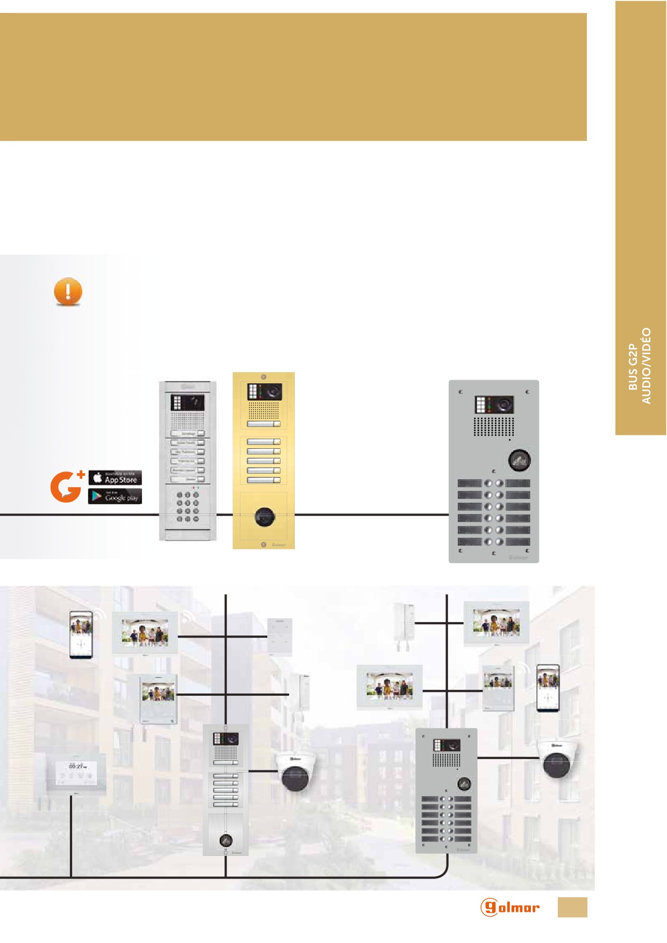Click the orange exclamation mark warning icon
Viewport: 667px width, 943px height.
68,291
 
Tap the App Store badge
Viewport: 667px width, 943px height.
115,477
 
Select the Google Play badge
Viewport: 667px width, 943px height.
115,496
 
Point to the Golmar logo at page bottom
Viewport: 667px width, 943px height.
509,907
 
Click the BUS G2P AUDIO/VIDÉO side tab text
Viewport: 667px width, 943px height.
640,366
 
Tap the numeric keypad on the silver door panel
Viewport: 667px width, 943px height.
188,506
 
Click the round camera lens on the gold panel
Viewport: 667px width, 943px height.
264,517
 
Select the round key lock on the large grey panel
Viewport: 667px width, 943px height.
519,460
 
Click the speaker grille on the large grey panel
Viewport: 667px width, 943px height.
493,426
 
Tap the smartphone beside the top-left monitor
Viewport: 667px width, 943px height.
81,634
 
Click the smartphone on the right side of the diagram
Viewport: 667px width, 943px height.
548,688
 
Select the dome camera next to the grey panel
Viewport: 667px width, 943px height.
559,759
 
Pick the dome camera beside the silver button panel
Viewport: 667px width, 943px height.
295,772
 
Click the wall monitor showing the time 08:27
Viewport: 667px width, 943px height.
75,773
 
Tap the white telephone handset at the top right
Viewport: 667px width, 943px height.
405,626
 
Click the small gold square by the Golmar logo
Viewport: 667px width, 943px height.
572,907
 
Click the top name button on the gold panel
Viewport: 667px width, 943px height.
264,424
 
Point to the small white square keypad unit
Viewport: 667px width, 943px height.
280,637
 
